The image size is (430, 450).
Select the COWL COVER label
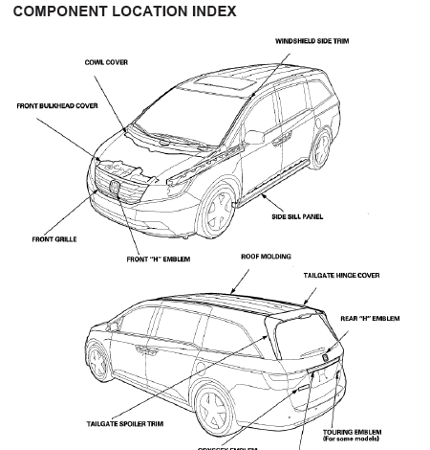coord(106,62)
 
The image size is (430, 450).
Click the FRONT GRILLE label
coord(54,238)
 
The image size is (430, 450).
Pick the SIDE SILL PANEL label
coord(297,216)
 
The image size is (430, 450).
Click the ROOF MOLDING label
coord(266,257)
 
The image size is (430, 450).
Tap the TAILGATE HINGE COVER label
coord(341,275)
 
